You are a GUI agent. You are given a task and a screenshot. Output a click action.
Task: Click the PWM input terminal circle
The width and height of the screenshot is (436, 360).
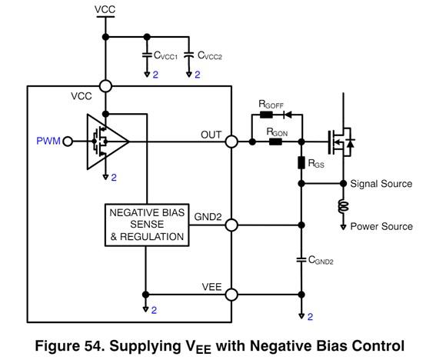[68, 142]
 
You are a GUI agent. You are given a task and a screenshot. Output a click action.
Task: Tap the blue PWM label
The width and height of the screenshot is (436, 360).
[48, 141]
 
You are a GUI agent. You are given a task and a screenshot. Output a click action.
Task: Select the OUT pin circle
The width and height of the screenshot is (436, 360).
[231, 142]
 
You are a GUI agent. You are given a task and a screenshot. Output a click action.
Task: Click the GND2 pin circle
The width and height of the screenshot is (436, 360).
[231, 225]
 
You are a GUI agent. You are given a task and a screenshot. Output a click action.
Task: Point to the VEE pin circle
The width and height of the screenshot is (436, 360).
[231, 295]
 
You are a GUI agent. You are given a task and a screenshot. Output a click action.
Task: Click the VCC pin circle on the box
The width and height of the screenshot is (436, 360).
[105, 86]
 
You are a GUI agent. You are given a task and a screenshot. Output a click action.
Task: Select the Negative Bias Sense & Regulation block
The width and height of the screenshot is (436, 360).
[147, 225]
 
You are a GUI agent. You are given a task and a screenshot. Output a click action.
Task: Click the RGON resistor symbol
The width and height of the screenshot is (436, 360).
[275, 142]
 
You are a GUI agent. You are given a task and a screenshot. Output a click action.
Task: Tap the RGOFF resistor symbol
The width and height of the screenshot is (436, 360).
[266, 115]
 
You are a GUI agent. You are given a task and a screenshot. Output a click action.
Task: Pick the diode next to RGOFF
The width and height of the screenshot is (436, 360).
[288, 115]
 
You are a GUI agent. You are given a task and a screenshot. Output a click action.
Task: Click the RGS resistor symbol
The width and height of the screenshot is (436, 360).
[301, 163]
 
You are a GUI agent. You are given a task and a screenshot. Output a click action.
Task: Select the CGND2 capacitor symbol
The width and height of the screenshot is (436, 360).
[301, 260]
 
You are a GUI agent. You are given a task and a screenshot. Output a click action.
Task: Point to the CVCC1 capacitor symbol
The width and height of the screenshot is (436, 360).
[147, 55]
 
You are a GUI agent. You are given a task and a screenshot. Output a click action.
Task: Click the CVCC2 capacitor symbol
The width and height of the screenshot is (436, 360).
[189, 55]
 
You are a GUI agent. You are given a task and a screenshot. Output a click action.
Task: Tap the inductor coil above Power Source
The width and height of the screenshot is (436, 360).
[344, 206]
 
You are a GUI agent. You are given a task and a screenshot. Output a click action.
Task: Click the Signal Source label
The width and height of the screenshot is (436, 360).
[381, 184]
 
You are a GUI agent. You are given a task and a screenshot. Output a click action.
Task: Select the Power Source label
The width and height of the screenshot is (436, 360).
[381, 226]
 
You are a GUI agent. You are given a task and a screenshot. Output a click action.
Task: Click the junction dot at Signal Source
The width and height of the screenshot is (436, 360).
[344, 184]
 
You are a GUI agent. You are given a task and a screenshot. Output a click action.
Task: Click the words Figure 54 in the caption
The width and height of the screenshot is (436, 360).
[70, 346]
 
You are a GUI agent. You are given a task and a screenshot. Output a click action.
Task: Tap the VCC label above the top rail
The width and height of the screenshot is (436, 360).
[105, 9]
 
